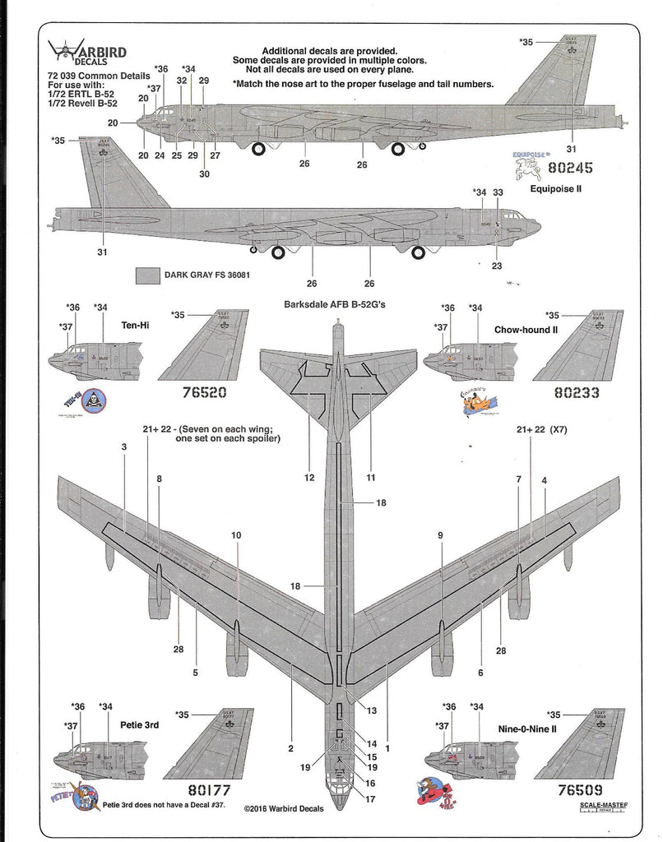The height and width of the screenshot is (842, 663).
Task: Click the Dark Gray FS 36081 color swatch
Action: (x=147, y=275)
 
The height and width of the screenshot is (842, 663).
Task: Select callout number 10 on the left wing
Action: (x=237, y=535)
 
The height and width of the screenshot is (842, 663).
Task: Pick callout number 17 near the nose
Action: (x=370, y=798)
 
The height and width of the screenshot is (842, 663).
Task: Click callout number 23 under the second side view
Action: (x=496, y=266)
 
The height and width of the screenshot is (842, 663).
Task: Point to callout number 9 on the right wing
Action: (x=441, y=535)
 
